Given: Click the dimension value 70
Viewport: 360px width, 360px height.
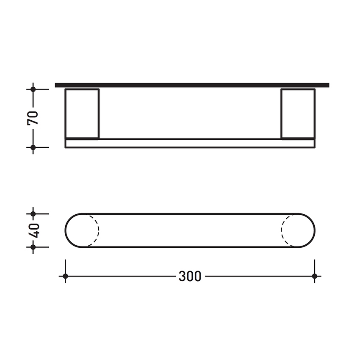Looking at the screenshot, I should tap(33, 118).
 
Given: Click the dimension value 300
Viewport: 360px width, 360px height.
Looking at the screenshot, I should tap(189, 277).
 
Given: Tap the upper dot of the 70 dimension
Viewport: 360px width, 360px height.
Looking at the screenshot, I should tap(33, 89).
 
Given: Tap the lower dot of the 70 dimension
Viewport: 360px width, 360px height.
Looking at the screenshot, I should tap(33, 147).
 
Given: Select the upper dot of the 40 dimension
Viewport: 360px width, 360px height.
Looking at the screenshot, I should tap(33, 214).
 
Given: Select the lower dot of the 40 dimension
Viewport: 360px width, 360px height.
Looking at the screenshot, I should tap(33, 246).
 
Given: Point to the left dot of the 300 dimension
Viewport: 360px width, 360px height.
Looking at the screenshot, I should tap(65, 276).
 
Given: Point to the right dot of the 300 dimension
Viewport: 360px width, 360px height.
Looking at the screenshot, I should tap(314, 276).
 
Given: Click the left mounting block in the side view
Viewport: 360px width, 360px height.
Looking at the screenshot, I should tap(82, 114).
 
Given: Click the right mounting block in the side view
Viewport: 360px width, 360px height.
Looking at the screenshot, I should tap(298, 114).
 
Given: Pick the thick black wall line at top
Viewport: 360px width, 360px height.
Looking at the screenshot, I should tap(192, 85).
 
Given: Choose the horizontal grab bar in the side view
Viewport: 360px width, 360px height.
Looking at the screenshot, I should tap(190, 143).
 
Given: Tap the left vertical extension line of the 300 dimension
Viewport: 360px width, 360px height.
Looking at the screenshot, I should tap(65, 267).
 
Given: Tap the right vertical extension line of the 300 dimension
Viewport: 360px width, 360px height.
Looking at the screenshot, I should tap(314, 267).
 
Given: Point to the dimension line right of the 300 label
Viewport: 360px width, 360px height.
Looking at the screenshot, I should tap(258, 276).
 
